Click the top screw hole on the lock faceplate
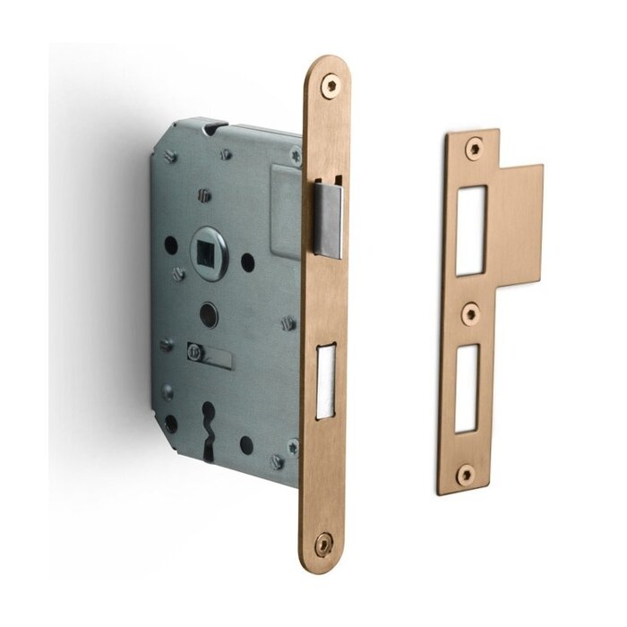(x=330, y=85)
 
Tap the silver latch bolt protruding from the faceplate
(x=329, y=219)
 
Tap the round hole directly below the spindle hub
(x=208, y=313)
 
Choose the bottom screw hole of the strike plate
(x=465, y=474)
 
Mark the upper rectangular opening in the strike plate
(x=471, y=229)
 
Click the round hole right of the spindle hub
(x=248, y=262)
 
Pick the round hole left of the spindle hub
(x=170, y=244)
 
